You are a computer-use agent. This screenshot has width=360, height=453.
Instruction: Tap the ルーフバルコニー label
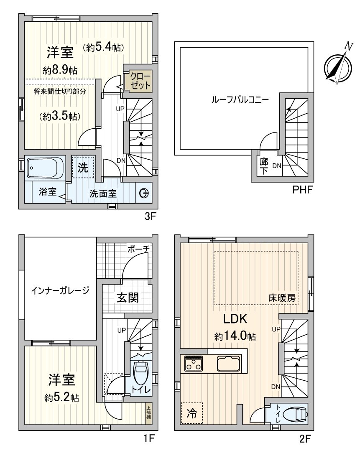[x=240, y=99]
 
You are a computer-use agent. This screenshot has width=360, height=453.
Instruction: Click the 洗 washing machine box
[x=83, y=167]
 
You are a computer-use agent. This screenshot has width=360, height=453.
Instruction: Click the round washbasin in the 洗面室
[x=144, y=193]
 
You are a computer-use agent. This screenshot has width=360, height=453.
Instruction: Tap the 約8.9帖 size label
[x=60, y=70]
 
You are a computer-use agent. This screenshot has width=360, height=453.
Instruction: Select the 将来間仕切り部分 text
[x=60, y=92]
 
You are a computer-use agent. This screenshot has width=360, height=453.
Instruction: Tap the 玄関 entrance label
[x=127, y=298]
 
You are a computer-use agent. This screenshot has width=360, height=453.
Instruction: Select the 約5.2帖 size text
[x=61, y=397]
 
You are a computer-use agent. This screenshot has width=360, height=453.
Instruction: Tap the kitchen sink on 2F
[x=229, y=363]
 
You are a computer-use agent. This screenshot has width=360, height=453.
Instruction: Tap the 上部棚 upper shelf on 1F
[x=148, y=412]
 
